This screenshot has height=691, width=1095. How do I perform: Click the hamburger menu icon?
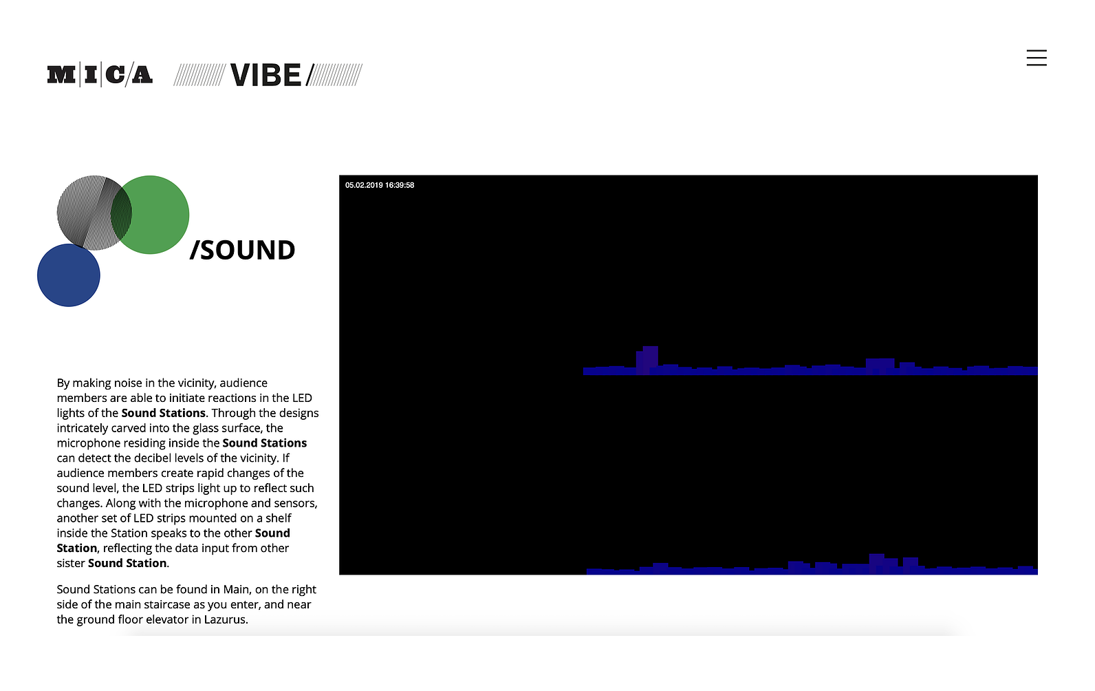pos(1037,58)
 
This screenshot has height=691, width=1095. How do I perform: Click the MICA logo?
pos(100,75)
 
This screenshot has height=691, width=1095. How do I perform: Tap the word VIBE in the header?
pos(265,75)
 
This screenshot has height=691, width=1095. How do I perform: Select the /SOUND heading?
pos(243,250)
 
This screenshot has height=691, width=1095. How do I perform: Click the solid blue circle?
pos(69,275)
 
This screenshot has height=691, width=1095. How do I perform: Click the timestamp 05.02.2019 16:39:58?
pos(380,185)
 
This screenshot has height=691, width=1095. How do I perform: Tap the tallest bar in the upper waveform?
pos(650,361)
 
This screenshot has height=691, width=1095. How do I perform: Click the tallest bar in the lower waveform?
pos(876,564)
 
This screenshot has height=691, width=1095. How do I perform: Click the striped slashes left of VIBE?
pos(199,75)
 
